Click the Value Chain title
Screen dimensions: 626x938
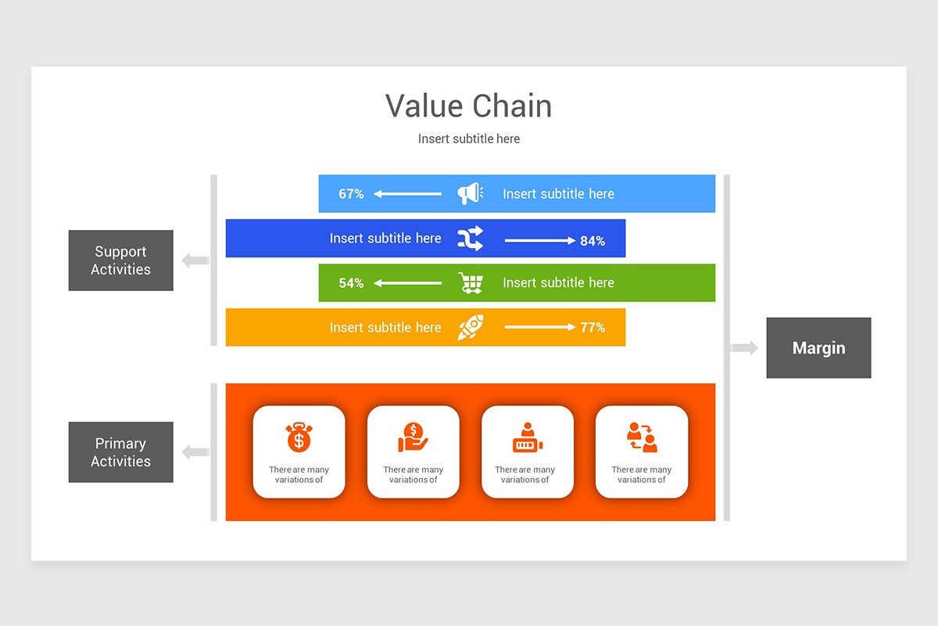click(x=468, y=106)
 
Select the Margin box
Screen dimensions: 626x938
click(x=818, y=348)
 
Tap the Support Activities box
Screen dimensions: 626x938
click(x=120, y=261)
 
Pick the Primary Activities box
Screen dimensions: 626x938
click(x=120, y=452)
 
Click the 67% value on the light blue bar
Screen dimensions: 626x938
click(x=351, y=194)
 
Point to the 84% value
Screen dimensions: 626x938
click(x=593, y=241)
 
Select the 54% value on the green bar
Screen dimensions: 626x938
click(x=351, y=283)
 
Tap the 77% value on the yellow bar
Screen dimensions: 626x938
click(x=593, y=328)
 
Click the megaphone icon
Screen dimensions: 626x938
click(x=470, y=193)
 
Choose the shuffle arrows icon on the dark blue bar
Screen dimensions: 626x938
click(x=470, y=239)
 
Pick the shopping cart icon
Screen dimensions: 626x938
click(x=470, y=282)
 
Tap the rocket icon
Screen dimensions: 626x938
click(x=470, y=327)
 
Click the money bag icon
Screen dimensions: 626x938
click(x=299, y=437)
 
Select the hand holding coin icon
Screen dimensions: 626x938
click(x=413, y=437)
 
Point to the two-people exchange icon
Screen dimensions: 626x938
click(x=642, y=437)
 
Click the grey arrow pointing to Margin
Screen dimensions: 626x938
click(x=744, y=348)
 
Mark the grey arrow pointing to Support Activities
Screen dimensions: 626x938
click(x=195, y=261)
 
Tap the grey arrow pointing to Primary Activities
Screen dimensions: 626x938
click(x=195, y=452)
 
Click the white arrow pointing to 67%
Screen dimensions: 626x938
click(x=407, y=194)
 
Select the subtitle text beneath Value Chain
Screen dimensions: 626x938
click(x=468, y=139)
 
